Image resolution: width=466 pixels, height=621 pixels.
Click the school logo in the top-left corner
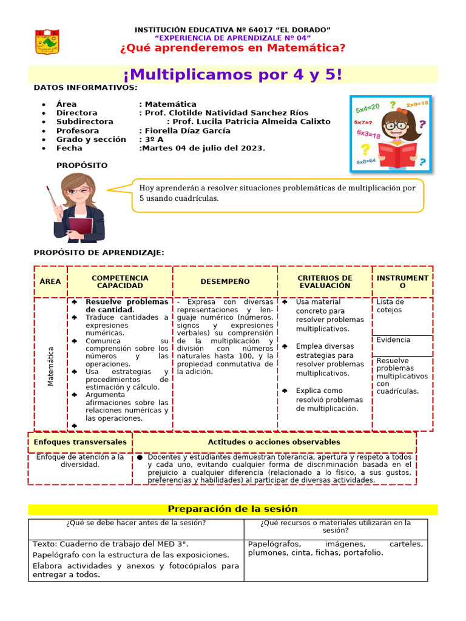point(47,41)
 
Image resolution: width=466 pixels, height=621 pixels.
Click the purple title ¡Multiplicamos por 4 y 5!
point(233,75)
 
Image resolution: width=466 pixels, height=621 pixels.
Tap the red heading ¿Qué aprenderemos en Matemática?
point(233,48)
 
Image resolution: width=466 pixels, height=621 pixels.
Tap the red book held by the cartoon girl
point(397,154)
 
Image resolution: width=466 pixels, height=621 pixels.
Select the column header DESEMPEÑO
point(225,281)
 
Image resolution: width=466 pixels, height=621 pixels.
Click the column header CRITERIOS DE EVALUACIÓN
point(325,281)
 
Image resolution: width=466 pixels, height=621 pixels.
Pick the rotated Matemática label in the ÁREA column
point(51,366)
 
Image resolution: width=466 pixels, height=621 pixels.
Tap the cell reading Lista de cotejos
point(390,306)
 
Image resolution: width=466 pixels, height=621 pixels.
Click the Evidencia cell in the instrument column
point(393,340)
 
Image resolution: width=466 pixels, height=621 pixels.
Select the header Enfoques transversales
point(80,442)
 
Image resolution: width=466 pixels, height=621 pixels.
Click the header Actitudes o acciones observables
point(274,442)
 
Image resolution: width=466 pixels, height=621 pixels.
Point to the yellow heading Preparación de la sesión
point(232,509)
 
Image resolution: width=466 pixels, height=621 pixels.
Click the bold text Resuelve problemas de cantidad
point(126,306)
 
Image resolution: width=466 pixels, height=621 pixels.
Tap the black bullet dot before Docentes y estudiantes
point(140,457)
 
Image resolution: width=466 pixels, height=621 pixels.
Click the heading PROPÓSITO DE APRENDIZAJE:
point(99,252)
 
